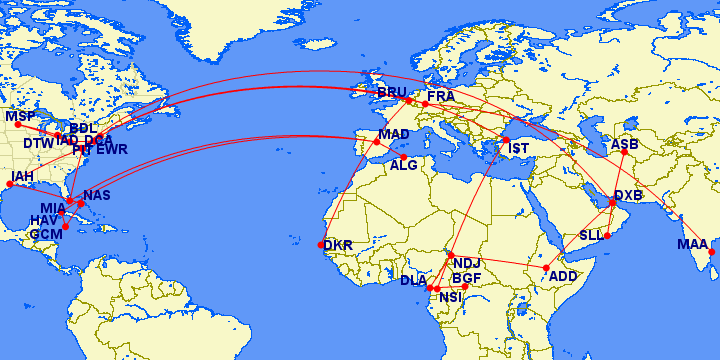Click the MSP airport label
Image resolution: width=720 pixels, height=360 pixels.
coord(20,117)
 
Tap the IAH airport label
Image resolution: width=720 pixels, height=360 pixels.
coord(22,177)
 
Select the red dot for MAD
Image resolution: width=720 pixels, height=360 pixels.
coord(377,142)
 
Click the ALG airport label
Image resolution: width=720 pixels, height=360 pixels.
coord(404,166)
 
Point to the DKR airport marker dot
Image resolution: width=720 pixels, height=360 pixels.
coord(321,244)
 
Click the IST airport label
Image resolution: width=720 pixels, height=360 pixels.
coord(518,149)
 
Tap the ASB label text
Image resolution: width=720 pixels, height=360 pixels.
coord(625,144)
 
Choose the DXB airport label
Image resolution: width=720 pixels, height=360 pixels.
coord(628,195)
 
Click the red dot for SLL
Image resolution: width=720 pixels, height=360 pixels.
coord(607,236)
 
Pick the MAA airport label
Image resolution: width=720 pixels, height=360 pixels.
coord(692,245)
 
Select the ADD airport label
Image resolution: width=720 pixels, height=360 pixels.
coord(564,275)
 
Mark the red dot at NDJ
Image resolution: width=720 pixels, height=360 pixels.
coord(451,255)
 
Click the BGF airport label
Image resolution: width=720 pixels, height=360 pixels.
coord(467,278)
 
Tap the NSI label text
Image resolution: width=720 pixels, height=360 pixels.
coord(451,297)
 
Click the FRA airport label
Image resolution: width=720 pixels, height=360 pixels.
coord(440,96)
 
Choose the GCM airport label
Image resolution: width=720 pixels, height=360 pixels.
coord(45,234)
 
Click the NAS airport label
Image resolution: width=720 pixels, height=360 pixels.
coord(97,195)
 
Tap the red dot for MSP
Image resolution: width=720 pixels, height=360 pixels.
coord(18,126)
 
